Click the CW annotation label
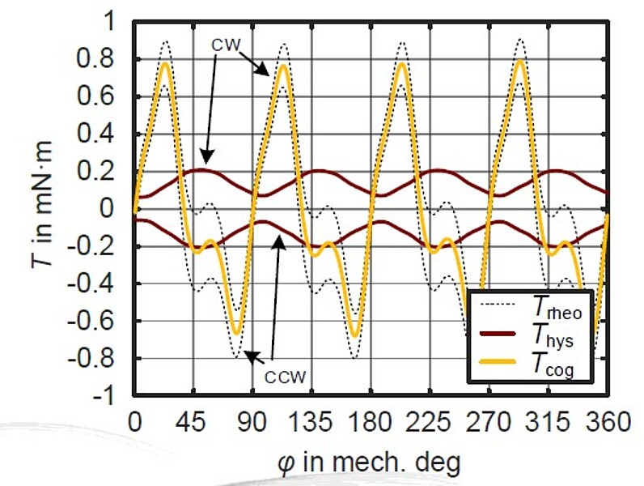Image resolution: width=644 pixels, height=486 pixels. (227, 45)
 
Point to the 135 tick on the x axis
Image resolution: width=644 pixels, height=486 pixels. (311, 422)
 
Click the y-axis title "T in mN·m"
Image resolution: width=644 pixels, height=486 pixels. (48, 209)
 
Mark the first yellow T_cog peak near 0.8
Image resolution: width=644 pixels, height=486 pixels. (165, 63)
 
